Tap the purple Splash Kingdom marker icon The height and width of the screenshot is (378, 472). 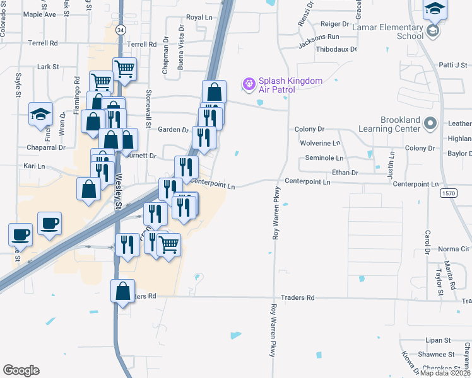point(249,83)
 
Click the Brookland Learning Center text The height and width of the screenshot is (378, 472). point(400,124)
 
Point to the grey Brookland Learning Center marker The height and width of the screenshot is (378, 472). point(430,123)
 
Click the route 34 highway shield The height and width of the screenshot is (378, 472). point(121,30)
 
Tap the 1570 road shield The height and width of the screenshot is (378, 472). point(449,193)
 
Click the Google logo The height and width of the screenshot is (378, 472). point(21,370)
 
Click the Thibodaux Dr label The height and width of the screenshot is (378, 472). point(336,49)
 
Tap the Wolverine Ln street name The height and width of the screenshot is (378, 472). point(321,143)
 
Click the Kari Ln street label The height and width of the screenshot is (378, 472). point(34,166)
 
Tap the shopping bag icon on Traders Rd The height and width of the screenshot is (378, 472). point(122,292)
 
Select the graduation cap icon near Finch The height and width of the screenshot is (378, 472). point(40,115)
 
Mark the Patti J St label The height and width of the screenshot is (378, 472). point(452,65)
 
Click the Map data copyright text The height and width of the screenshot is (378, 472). point(445,373)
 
